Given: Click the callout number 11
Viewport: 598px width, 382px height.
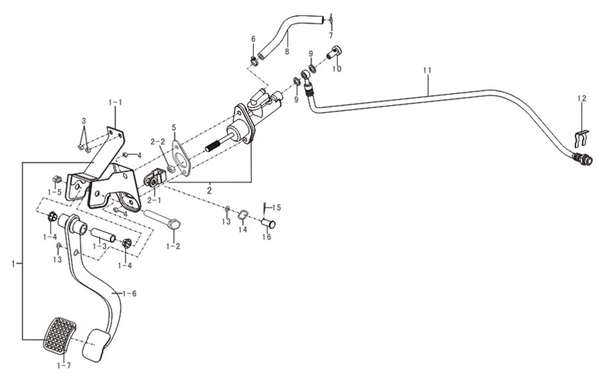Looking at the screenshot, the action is pos(427,70).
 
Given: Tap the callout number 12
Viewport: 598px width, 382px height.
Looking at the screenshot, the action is pos(581,98).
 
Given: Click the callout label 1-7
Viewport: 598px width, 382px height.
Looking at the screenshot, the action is pos(64,365).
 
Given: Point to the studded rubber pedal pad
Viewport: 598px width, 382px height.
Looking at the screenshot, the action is pos(59,335).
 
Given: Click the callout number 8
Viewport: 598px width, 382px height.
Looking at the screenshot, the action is pos(287,51).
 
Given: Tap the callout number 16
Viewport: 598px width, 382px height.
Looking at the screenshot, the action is pos(266,237).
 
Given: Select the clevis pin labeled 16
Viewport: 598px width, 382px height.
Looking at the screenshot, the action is pos(268,223).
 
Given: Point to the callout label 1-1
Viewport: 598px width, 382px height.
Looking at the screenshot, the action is pos(115,102).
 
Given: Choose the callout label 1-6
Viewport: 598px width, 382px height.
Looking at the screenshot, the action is pos(130,294).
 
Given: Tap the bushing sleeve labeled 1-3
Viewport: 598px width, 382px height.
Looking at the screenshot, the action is pos(103,234).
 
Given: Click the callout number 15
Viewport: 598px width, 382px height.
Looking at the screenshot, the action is pos(276,208).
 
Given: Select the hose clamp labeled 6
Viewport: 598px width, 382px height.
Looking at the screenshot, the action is pos(254,60).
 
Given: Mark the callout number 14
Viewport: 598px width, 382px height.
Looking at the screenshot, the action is pos(243,229).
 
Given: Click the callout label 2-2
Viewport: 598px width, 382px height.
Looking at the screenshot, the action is pos(157,142).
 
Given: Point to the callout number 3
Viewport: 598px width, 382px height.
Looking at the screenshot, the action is pos(84,121).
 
